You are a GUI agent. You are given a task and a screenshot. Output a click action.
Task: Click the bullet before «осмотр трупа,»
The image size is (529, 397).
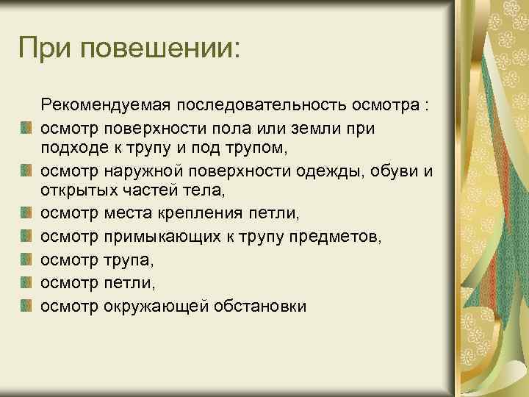[26, 261]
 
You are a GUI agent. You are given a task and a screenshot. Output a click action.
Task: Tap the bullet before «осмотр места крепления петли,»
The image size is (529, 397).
[26, 216]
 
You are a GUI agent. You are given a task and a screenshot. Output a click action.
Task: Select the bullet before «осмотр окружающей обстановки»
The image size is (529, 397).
[26, 305]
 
